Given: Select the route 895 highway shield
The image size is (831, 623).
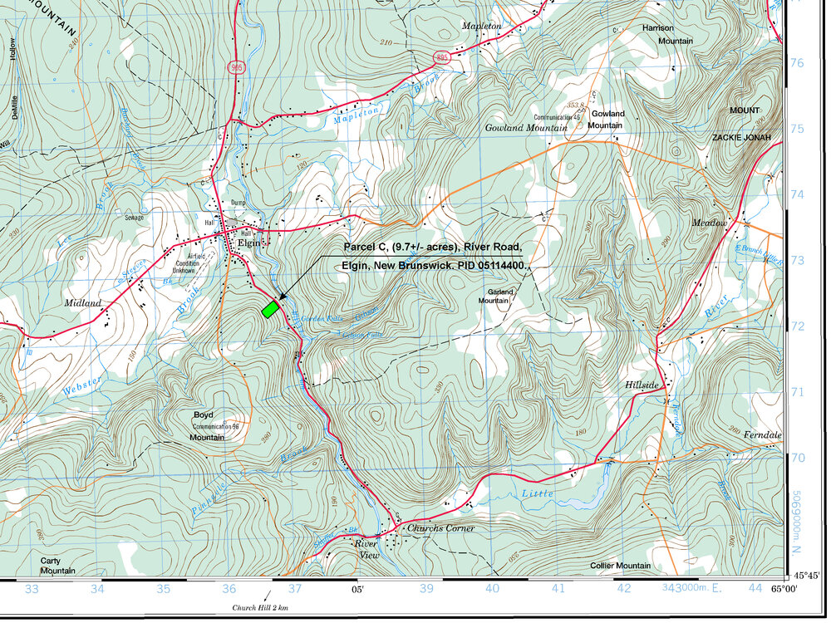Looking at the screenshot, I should click(x=442, y=56).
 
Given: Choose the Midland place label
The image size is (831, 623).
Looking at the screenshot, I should click(x=83, y=303).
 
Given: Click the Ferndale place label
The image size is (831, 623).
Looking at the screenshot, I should click(x=763, y=435).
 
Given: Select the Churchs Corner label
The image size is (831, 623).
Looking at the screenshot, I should click(x=440, y=528).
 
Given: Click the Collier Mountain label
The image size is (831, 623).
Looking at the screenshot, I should click(x=619, y=566).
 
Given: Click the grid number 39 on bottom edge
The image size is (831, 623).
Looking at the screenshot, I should click(x=426, y=589).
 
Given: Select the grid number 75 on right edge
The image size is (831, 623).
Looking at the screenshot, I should click(x=797, y=129).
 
